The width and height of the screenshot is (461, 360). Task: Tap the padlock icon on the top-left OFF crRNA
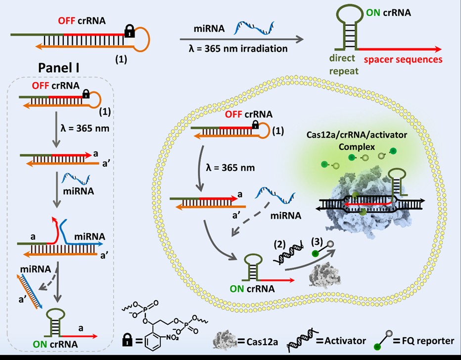click(x=130, y=33)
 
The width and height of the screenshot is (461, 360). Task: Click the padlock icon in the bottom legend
click(x=127, y=340)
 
